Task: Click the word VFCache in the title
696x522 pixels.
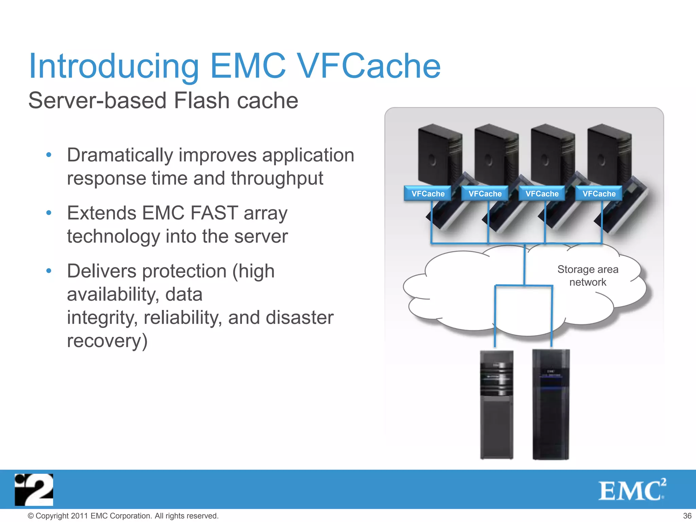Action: coord(369,66)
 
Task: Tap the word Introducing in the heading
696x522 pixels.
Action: coord(114,66)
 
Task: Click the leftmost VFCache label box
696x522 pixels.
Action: coord(428,194)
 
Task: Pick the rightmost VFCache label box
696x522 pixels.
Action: coord(599,194)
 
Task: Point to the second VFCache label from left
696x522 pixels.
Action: coord(485,194)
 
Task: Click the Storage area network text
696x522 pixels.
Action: coord(588,276)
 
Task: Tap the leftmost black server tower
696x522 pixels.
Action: coord(438,155)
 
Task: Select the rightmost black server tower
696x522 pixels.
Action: coord(608,155)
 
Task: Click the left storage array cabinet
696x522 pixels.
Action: coord(497,404)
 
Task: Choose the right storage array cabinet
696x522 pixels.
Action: coord(551,404)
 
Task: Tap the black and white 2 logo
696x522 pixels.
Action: coord(34,490)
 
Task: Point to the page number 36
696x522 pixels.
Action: coord(687,516)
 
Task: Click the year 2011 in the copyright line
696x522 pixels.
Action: coord(80,516)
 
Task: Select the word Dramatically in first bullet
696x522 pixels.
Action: coord(120,155)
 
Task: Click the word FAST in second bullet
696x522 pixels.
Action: coord(214,213)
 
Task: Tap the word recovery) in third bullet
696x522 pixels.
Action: coord(107,341)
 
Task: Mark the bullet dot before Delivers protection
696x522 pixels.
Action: coord(49,271)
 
